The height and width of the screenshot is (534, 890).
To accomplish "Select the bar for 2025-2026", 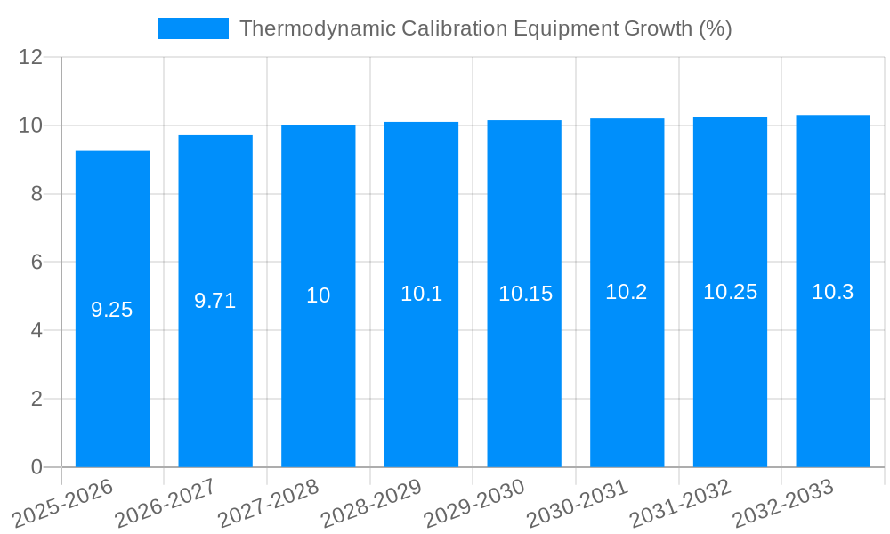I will (x=112, y=309).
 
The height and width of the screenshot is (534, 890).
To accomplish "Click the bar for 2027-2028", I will (x=319, y=295).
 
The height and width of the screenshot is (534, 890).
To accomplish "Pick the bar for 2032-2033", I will (x=833, y=291).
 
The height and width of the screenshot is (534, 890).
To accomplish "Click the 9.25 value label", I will (x=112, y=310).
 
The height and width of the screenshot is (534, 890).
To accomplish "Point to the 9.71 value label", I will (x=215, y=301).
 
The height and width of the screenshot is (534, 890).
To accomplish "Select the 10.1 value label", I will (x=421, y=294).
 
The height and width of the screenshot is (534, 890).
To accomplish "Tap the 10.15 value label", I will (x=525, y=294).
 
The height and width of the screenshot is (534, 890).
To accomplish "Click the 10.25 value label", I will (x=730, y=292).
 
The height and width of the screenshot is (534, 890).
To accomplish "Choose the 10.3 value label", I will (x=833, y=292).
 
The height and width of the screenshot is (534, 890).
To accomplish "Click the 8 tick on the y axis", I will (x=36, y=194).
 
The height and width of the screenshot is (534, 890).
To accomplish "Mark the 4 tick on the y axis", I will (x=36, y=330).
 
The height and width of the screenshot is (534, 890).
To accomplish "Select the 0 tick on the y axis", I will (x=36, y=467).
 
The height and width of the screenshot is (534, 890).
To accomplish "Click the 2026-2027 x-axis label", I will (x=165, y=503).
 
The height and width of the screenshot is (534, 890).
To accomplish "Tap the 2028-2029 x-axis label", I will (x=370, y=503).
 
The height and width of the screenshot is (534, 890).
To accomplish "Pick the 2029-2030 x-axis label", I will (x=473, y=503).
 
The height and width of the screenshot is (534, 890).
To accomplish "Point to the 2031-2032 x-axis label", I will (x=679, y=503).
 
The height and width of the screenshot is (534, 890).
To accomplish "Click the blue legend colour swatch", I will (x=192, y=28).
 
